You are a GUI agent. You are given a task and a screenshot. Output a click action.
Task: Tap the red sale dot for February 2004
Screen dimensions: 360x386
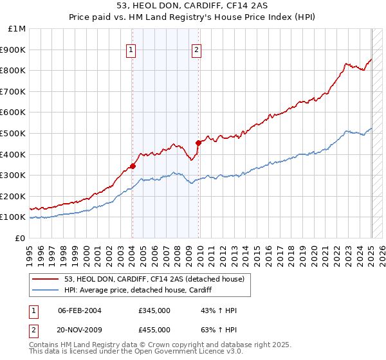133,166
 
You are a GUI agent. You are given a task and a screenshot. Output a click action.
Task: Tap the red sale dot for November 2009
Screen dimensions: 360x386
199,143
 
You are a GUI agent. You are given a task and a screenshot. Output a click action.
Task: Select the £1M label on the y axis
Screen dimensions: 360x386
17,28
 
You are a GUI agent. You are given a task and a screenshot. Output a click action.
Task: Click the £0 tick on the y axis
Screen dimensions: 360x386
21,238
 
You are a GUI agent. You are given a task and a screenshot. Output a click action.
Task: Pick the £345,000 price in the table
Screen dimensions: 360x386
154,310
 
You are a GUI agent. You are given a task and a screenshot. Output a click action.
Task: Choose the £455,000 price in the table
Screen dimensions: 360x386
154,329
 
